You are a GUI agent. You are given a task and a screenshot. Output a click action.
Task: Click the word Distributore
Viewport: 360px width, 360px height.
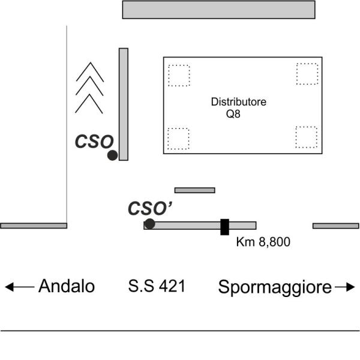coord(239,102)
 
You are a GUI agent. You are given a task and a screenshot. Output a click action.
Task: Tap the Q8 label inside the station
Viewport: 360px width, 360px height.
coord(233,114)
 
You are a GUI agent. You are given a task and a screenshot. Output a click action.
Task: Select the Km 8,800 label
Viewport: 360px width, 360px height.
coord(263,242)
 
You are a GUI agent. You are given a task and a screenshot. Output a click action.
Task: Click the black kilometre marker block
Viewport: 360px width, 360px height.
coord(225,227)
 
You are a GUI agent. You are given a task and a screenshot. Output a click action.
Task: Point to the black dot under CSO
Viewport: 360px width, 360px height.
coord(113,155)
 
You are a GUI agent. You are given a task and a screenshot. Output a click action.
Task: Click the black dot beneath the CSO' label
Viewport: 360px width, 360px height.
coord(149,224)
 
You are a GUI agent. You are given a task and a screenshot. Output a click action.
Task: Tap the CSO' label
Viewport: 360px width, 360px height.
coord(150,208)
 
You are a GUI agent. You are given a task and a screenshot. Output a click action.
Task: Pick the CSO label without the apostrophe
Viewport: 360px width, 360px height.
coord(94,142)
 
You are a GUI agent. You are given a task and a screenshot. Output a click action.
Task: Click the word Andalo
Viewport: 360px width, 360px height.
coord(67,286)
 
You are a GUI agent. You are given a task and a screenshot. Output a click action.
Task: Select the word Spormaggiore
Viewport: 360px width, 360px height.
coord(275,287)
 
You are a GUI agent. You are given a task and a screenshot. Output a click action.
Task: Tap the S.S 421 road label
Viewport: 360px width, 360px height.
coord(157,286)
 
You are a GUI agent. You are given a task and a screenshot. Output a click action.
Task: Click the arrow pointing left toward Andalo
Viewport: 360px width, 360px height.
coord(20,287)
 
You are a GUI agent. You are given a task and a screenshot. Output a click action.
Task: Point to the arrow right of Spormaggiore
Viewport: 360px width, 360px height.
coord(345,287)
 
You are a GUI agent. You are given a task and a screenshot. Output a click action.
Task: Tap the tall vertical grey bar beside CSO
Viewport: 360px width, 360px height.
coord(124,104)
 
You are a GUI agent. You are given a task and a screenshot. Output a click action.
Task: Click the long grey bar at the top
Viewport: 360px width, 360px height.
coord(218,10)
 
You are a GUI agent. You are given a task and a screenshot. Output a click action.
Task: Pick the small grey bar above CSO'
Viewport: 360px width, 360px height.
coord(194,190)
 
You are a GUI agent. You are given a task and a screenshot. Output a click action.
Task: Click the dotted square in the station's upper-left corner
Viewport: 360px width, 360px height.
coord(179,76)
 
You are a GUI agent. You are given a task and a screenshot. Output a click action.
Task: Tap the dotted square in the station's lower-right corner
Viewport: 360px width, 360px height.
coord(307,137)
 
